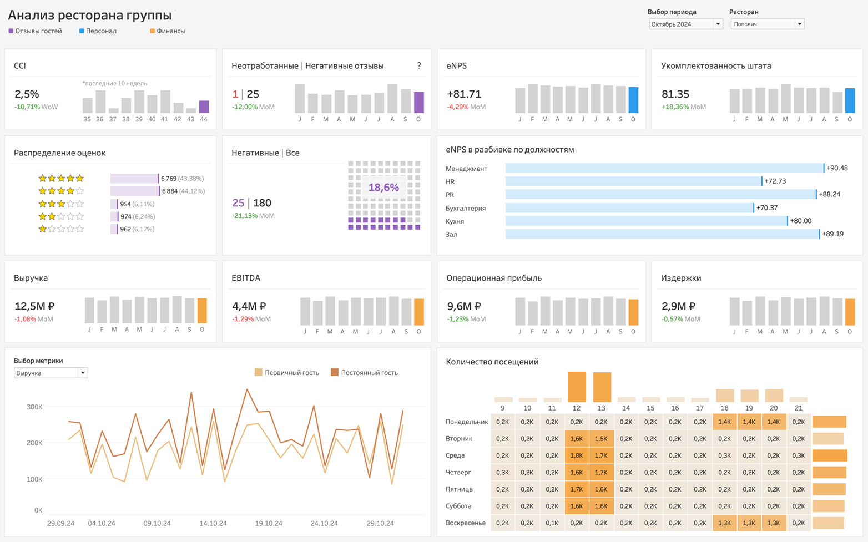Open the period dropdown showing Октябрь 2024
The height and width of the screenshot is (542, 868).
tap(685, 24)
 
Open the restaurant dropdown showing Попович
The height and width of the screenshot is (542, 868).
tap(767, 24)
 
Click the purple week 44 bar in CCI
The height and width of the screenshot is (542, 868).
tap(204, 107)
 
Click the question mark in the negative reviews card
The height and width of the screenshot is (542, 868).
tap(419, 65)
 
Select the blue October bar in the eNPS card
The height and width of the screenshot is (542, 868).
tap(633, 100)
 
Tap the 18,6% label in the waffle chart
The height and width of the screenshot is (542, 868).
tap(383, 188)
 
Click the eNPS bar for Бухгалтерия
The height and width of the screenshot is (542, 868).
tap(629, 208)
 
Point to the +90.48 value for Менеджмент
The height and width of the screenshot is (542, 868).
tap(837, 168)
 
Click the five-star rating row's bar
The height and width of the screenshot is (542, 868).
tap(134, 179)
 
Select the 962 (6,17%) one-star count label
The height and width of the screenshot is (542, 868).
tap(137, 229)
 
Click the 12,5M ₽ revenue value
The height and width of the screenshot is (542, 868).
tap(34, 306)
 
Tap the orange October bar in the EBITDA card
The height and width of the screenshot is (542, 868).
tap(419, 311)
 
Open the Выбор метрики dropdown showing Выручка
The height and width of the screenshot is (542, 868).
tap(51, 373)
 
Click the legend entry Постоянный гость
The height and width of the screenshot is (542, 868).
tap(369, 373)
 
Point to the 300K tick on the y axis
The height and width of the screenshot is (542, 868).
tap(34, 407)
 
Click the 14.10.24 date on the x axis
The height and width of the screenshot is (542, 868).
tap(213, 523)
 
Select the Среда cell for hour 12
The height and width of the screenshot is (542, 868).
tap(577, 455)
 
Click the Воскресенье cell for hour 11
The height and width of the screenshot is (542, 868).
tap(552, 523)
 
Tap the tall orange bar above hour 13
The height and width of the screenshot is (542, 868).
tap(602, 387)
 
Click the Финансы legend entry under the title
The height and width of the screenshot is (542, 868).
tap(170, 31)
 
